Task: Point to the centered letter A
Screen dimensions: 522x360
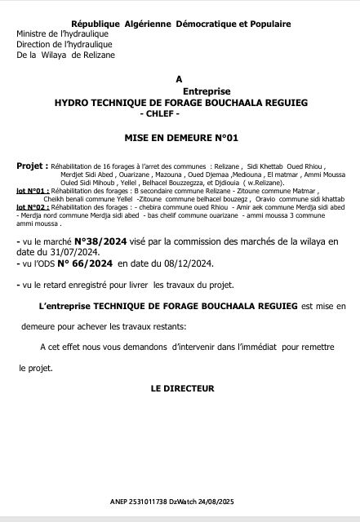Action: tap(179, 78)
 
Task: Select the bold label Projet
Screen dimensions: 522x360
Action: tap(30, 165)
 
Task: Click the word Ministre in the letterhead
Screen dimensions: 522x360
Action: tap(32, 35)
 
